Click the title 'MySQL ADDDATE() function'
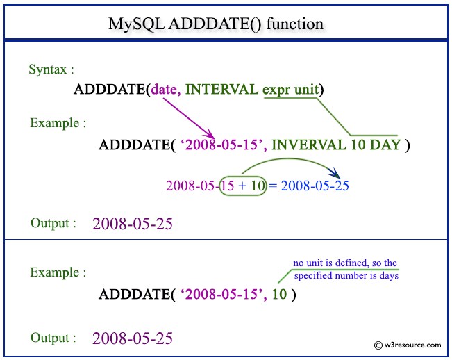(x=216, y=24)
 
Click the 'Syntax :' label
(x=51, y=69)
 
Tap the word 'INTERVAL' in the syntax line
(x=222, y=90)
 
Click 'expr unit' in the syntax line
(x=292, y=90)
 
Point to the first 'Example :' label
(x=58, y=123)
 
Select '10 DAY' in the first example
(x=375, y=145)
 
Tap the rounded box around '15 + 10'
(x=242, y=186)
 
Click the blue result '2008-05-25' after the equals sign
(x=315, y=186)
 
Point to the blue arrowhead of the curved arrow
(x=334, y=174)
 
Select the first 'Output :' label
(x=53, y=223)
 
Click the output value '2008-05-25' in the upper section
(x=133, y=224)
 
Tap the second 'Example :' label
(x=58, y=273)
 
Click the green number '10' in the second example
(x=279, y=294)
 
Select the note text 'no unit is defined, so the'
(x=345, y=263)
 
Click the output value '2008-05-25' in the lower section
(x=133, y=338)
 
